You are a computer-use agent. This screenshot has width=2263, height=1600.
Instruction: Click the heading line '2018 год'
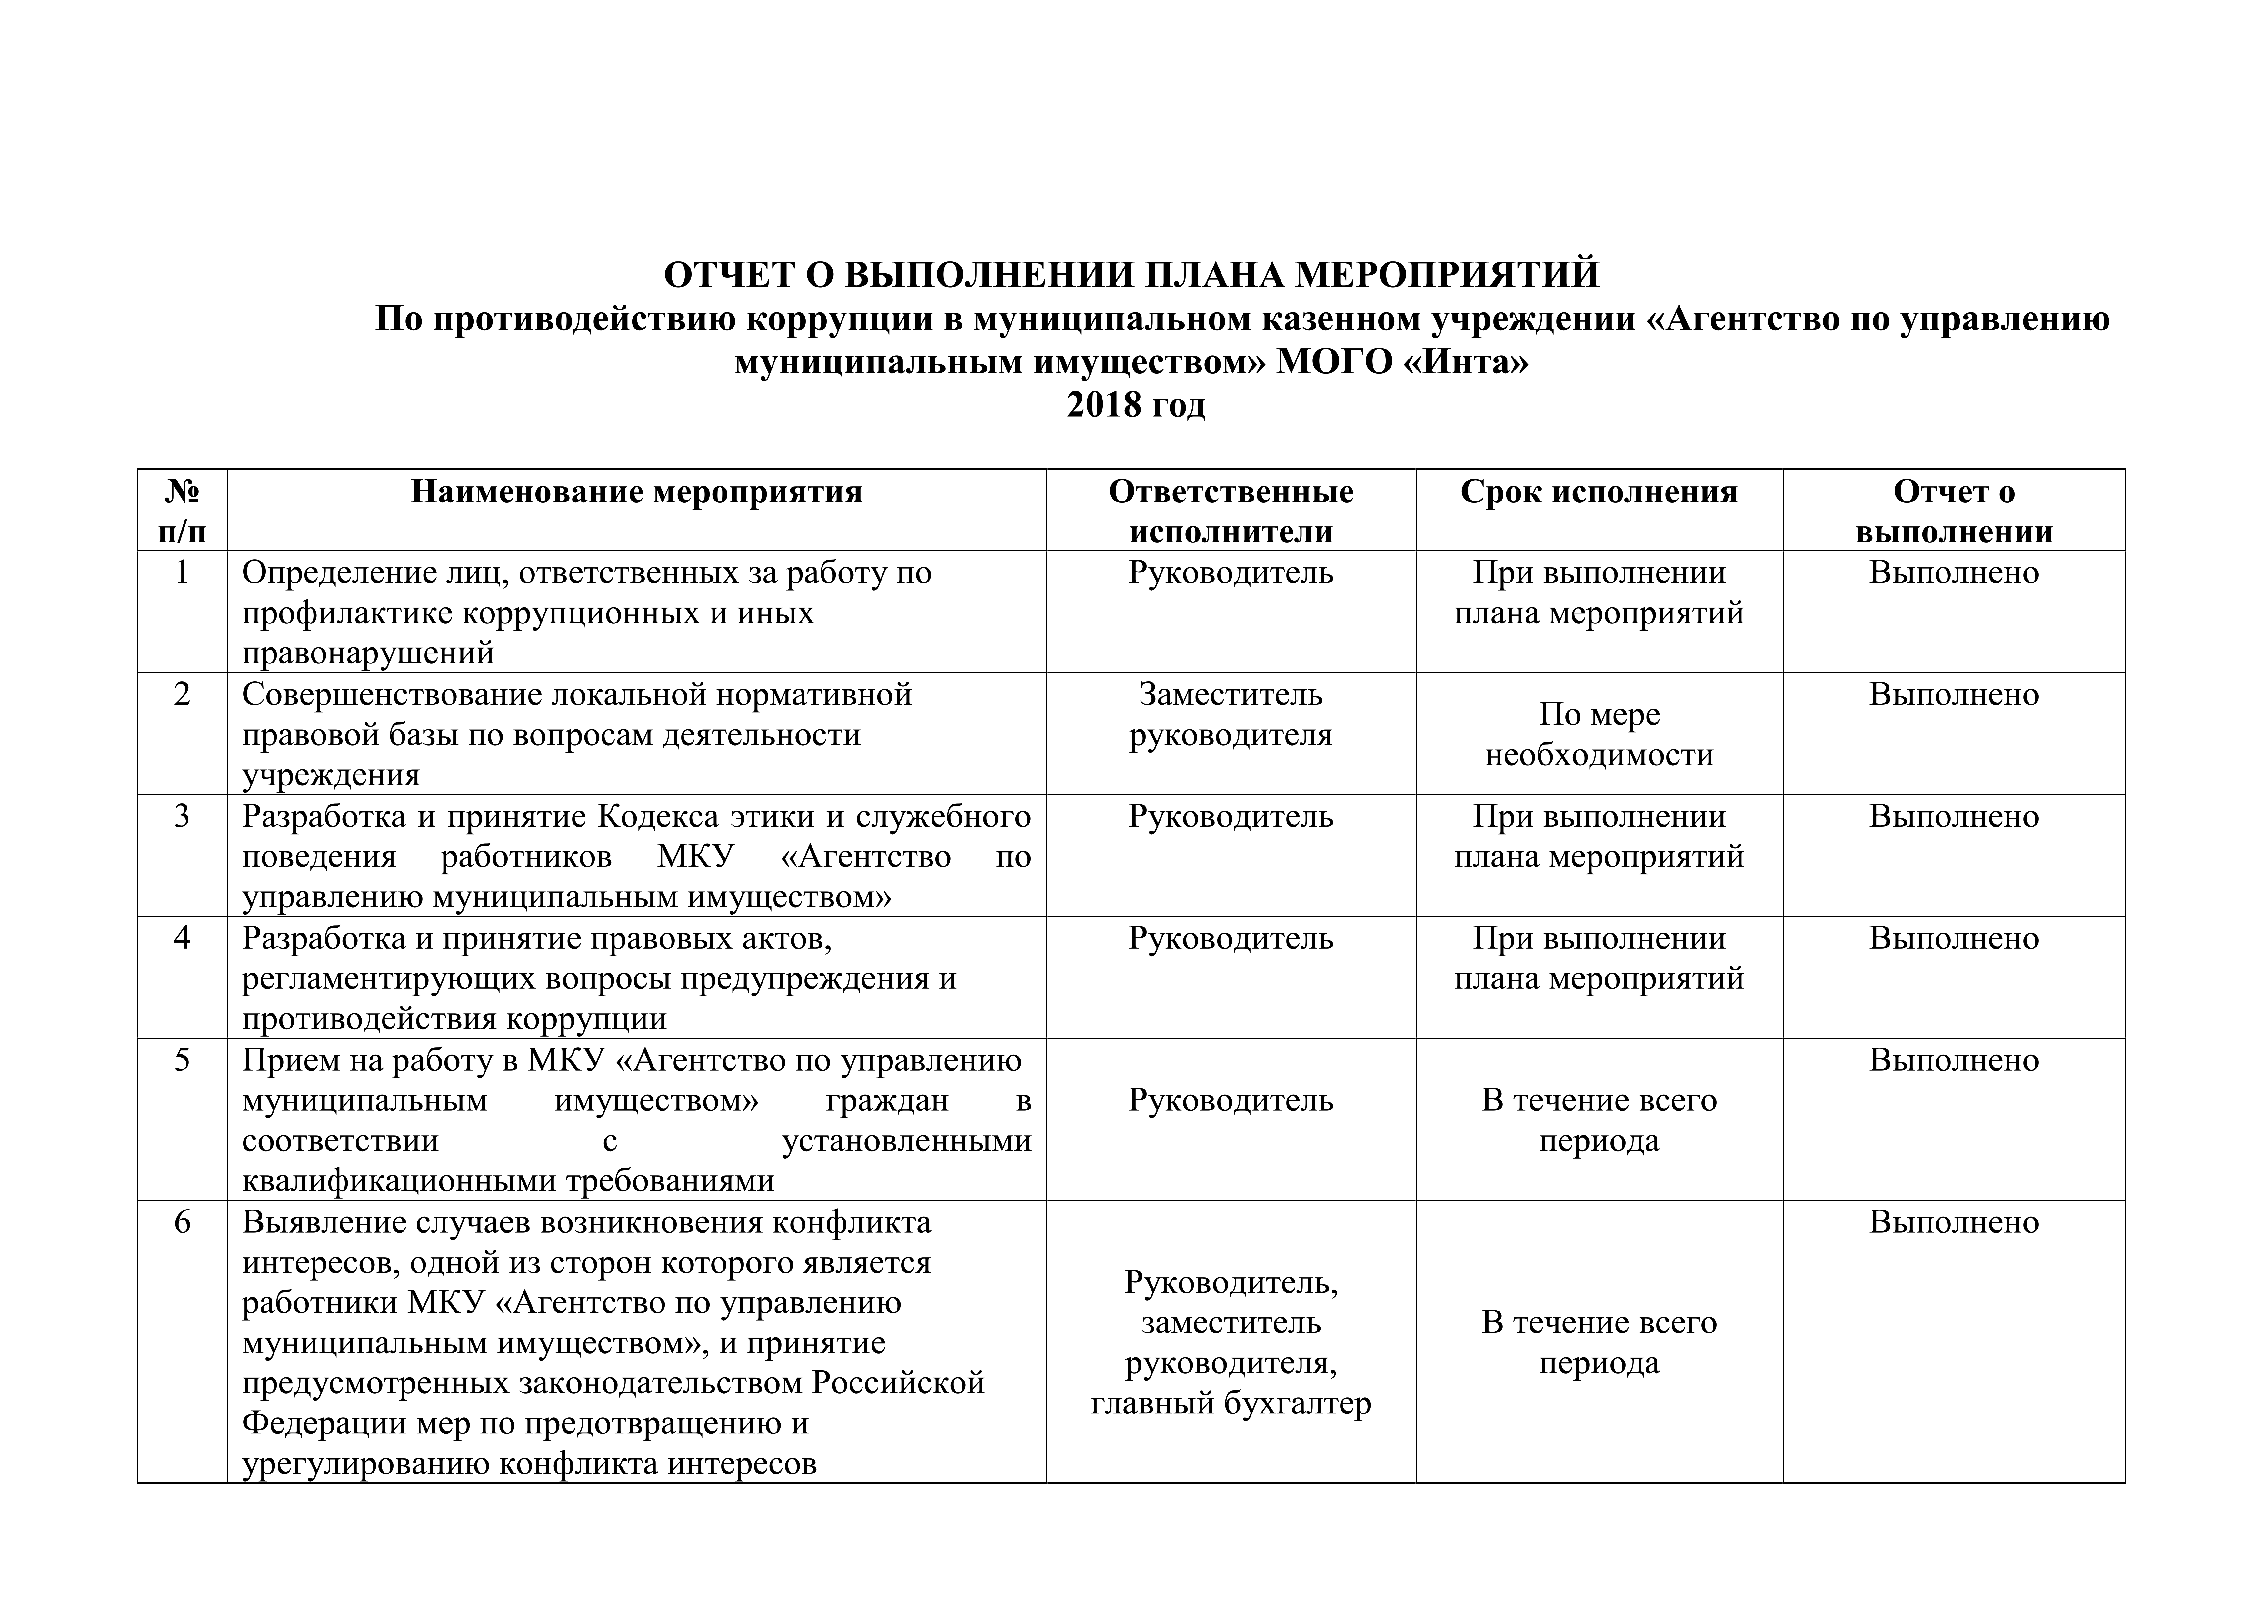click(1135, 405)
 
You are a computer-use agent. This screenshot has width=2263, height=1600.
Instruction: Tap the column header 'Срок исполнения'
click(1599, 492)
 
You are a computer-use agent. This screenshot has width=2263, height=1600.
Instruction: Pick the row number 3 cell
click(182, 816)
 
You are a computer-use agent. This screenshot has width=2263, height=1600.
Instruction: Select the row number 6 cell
click(182, 1222)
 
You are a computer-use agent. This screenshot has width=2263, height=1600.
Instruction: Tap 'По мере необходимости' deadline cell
click(1599, 734)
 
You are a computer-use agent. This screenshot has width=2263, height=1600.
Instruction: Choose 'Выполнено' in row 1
click(1953, 573)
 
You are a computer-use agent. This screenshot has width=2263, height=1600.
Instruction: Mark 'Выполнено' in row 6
click(1953, 1222)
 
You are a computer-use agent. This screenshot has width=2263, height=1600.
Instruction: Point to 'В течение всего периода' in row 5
click(1599, 1120)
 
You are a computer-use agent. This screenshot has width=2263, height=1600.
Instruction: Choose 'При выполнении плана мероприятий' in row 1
click(1599, 592)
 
